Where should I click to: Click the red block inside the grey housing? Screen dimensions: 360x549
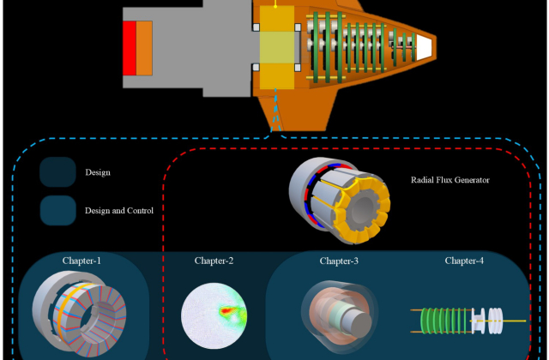129,48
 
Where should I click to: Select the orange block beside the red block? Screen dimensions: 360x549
144,48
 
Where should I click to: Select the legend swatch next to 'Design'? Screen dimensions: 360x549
57,172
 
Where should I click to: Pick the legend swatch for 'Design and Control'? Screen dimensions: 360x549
57,210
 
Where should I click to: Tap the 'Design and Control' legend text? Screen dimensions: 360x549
119,210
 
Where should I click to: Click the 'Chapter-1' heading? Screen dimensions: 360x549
81,260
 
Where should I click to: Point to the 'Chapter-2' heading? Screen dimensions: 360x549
214,260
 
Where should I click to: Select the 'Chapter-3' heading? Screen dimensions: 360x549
340,260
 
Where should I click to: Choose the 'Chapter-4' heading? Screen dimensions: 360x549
464,260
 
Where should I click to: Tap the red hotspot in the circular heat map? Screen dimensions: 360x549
227,310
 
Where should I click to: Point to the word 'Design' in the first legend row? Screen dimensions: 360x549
98,172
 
